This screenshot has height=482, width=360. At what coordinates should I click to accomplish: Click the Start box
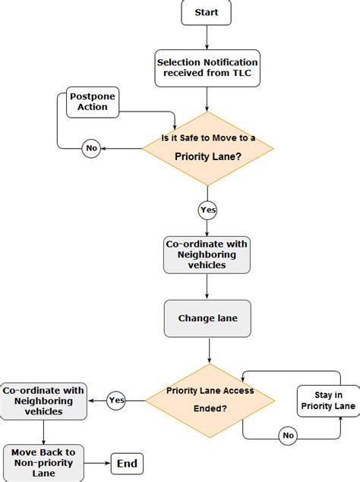(x=207, y=12)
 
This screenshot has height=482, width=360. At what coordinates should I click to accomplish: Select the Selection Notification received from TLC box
(x=207, y=68)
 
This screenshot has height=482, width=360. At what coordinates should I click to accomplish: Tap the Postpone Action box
(x=88, y=102)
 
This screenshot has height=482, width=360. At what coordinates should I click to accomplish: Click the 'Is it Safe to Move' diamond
(x=207, y=149)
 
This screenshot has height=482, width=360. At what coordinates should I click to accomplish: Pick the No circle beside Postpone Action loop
(x=91, y=149)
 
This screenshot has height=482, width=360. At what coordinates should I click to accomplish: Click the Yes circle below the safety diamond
(x=207, y=209)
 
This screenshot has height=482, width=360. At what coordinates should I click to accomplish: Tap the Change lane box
(x=207, y=318)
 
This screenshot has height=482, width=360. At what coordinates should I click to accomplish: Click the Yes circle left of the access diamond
(x=116, y=400)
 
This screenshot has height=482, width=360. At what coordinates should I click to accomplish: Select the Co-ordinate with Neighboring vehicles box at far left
(x=43, y=401)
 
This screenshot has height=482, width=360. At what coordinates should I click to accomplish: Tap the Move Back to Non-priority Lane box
(x=43, y=462)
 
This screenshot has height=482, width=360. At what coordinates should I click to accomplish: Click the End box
(x=127, y=462)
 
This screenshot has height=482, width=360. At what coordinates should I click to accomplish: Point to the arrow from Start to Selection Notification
(x=207, y=38)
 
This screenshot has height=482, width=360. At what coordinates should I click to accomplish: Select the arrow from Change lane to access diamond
(x=210, y=350)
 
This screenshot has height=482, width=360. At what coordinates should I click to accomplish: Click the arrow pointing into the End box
(x=99, y=462)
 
